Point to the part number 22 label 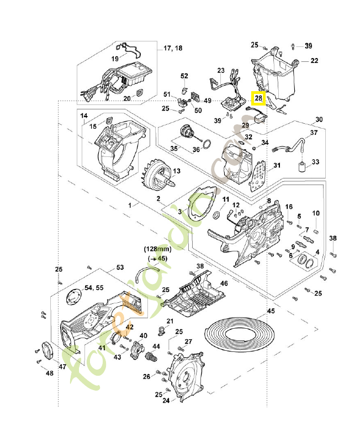pos(314,60)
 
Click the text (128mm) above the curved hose pos(157,249)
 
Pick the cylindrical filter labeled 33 pos(302,166)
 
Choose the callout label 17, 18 pos(173,49)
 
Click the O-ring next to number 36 pos(205,145)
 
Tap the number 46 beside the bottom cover pos(224,283)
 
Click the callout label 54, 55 pos(93,288)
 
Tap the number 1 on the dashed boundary pos(130,205)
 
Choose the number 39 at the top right pos(309,45)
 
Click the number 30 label pos(319,119)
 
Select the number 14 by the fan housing pos(84,116)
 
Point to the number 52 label pos(184,76)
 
